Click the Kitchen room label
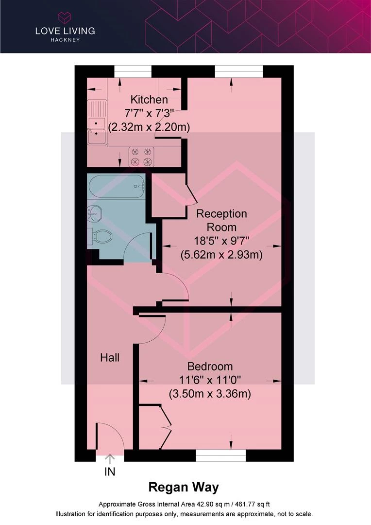tap(149, 100)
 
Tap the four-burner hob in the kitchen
tap(141, 157)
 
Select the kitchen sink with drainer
tap(97, 122)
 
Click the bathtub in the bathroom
tap(116, 186)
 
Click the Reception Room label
tap(221, 220)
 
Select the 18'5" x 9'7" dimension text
tap(221, 241)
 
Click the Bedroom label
tap(210, 367)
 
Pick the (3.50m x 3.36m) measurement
tap(210, 393)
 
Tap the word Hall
tap(110, 358)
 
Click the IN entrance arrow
tap(110, 459)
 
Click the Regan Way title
tap(184, 488)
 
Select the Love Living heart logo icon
tap(65, 17)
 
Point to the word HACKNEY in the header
tap(65, 40)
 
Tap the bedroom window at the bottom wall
tap(221, 455)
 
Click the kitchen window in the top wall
tap(133, 71)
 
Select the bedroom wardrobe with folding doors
tap(155, 427)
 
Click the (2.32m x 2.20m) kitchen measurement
tap(149, 127)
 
